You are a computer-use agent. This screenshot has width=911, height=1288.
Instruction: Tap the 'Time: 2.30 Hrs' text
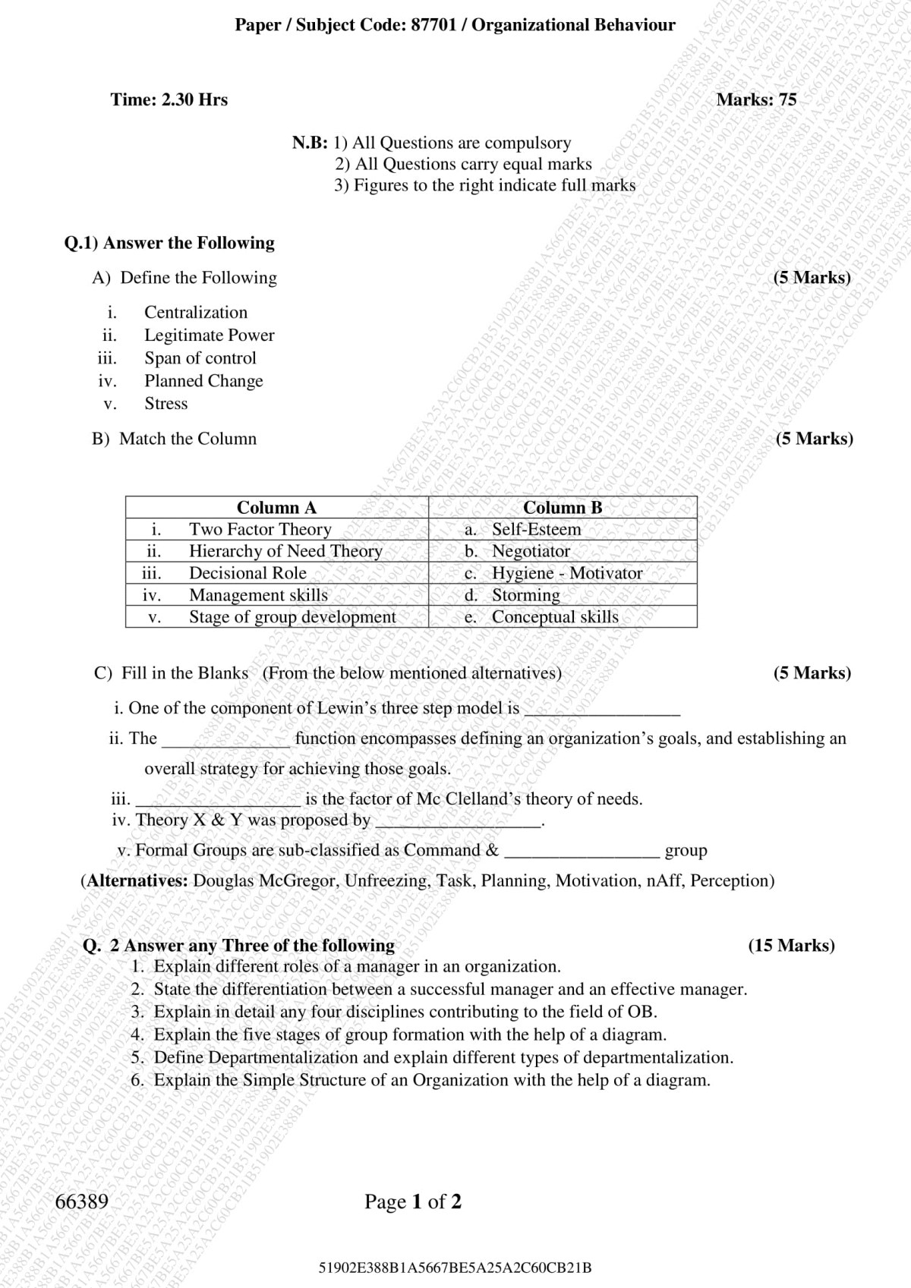click(169, 99)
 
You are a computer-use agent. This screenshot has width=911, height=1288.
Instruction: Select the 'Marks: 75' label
click(756, 99)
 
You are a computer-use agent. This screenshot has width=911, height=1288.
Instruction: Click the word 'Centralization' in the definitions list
click(196, 312)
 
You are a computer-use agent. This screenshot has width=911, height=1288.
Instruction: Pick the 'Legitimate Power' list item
click(210, 335)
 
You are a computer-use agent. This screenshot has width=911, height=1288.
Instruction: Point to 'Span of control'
click(200, 357)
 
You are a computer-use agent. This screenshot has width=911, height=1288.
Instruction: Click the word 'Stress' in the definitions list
click(166, 403)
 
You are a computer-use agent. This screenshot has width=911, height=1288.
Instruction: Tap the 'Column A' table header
click(276, 507)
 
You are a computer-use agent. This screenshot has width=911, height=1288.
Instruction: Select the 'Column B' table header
click(563, 507)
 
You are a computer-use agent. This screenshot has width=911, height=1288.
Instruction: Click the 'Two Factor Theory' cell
click(260, 529)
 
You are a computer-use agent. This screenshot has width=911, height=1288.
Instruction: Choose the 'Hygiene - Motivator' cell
click(567, 573)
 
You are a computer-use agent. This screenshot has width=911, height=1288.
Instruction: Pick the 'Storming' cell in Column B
click(526, 595)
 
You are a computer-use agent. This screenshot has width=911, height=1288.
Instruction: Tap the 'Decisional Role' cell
click(247, 573)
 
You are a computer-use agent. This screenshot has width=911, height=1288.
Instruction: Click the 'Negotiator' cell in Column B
click(531, 551)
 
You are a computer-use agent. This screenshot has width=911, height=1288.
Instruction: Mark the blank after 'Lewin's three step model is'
click(602, 711)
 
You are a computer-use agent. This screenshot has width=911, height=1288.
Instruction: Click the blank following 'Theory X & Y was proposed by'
click(459, 823)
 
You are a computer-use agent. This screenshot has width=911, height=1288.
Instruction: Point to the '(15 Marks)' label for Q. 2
click(791, 945)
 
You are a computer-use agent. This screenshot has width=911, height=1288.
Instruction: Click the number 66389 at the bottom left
click(82, 1201)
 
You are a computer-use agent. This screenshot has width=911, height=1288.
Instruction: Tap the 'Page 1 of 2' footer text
click(413, 1201)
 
